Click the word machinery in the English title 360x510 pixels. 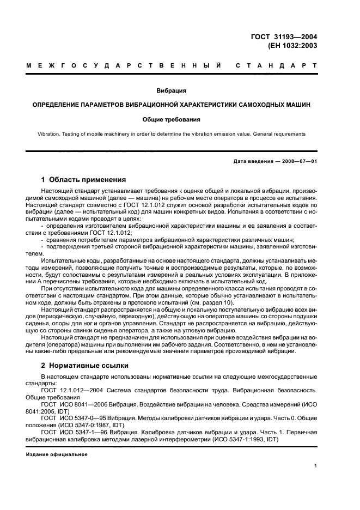123,134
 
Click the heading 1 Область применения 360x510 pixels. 84,179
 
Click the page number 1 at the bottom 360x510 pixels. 316,465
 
